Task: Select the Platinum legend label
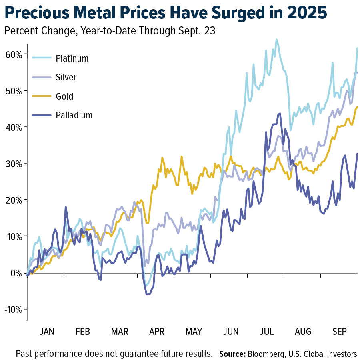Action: tap(72, 58)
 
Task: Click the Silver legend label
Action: tap(66, 77)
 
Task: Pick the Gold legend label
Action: tap(64, 96)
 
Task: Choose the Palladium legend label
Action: tap(74, 115)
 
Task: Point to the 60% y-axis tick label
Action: tap(14, 54)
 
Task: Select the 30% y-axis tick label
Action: tap(14, 163)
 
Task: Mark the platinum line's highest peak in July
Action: tap(276, 39)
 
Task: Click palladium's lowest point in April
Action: tap(148, 294)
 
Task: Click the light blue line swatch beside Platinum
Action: tap(42, 58)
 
